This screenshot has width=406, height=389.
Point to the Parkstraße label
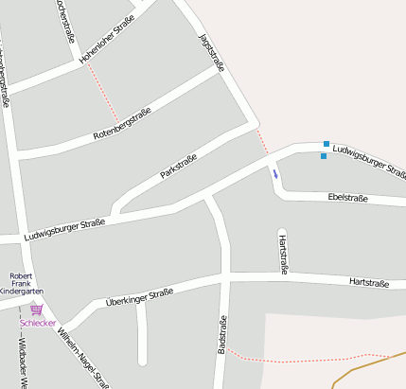coord(178,168)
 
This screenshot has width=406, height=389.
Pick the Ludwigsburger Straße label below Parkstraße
coord(65,228)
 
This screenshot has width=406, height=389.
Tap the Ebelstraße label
coord(347,198)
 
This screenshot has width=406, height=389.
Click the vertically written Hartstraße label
coord(283,255)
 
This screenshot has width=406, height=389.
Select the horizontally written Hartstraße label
coord(370,282)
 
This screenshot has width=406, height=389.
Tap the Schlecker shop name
coord(39,324)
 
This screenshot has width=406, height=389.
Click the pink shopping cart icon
coord(37,309)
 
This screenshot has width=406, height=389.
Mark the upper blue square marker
coord(327,144)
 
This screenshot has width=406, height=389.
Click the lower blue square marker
coord(323,156)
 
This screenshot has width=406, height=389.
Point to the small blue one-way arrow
coord(275,173)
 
